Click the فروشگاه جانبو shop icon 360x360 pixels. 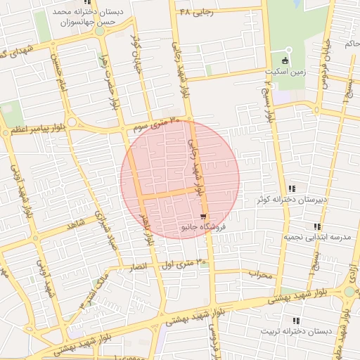tap(203, 216)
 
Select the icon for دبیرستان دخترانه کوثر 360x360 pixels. tap(292, 188)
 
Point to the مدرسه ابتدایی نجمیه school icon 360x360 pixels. tap(317, 226)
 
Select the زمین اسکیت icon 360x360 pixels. tap(285, 60)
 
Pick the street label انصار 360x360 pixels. tap(139, 268)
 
